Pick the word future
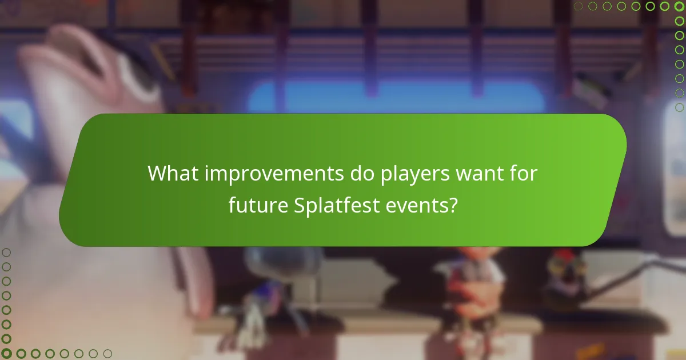point(259,205)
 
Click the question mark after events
point(452,205)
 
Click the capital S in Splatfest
point(300,205)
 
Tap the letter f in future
point(232,205)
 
